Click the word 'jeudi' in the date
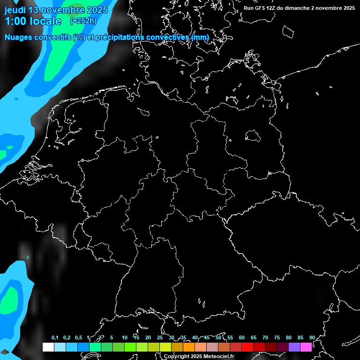[x=15, y=10]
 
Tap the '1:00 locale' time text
[x=33, y=21]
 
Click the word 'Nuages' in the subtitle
[x=19, y=37]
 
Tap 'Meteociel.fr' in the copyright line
[x=218, y=357]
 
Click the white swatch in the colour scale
[x=48, y=347]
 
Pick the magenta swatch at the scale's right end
[x=306, y=347]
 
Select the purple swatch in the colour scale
[x=294, y=347]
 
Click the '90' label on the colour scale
[x=312, y=338]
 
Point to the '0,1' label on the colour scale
[x=55, y=338]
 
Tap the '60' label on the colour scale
[x=241, y=338]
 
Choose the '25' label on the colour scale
[x=159, y=338]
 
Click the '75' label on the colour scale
[x=277, y=338]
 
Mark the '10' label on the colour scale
[x=124, y=338]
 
